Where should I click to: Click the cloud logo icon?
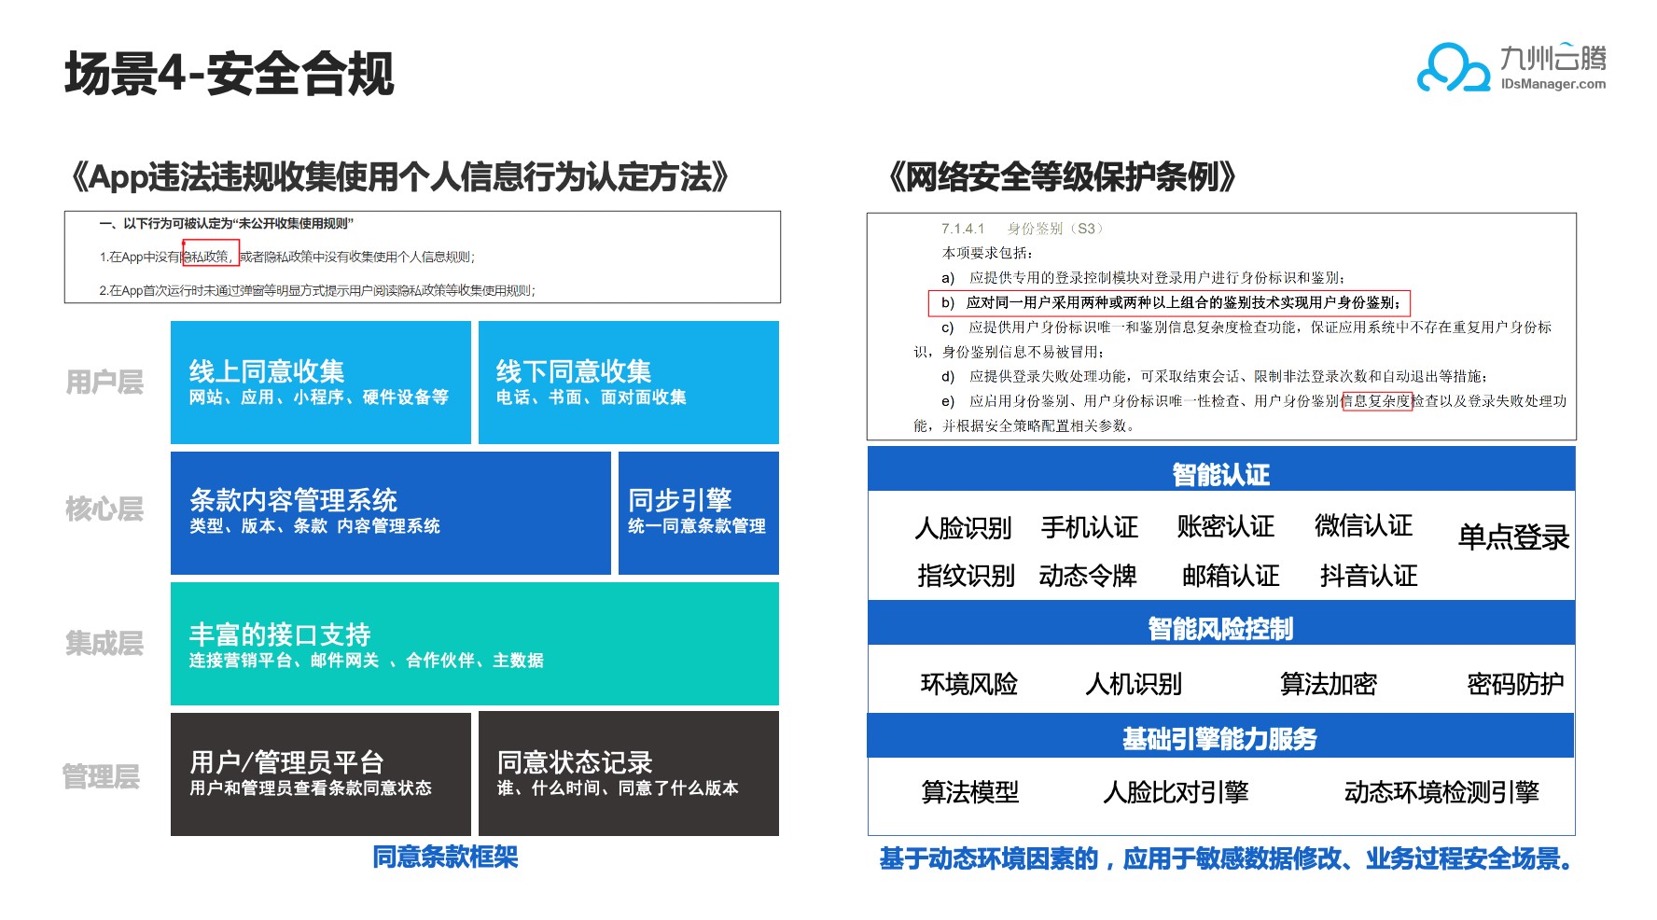click(1453, 68)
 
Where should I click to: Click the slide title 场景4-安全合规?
click(230, 74)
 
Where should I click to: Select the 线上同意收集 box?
click(320, 383)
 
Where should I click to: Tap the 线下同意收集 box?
click(628, 383)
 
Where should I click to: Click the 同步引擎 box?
click(698, 513)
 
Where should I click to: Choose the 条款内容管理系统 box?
click(390, 513)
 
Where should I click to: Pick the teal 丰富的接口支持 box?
click(474, 644)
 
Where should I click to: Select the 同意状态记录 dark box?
click(628, 774)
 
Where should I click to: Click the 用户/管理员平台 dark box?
click(320, 774)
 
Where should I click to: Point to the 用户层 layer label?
click(104, 382)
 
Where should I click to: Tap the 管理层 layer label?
click(101, 776)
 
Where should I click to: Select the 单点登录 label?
click(1513, 537)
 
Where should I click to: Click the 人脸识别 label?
click(964, 528)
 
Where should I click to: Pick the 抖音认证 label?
click(1369, 576)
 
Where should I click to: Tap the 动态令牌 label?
click(1088, 576)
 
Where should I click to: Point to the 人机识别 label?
click(1134, 685)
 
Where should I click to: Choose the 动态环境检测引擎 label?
click(1441, 792)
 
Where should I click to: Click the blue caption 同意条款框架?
click(445, 857)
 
